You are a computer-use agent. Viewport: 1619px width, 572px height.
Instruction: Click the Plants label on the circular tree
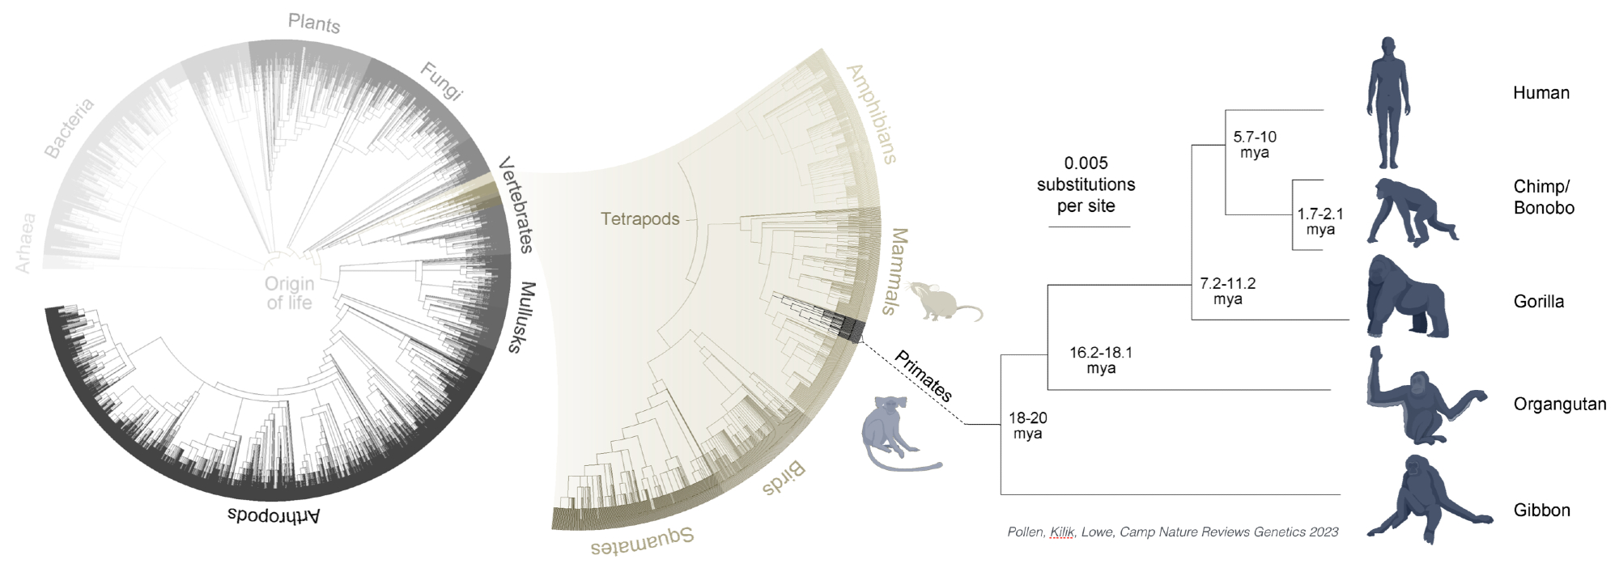(x=314, y=23)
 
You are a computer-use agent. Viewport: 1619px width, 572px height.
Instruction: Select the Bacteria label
(x=69, y=128)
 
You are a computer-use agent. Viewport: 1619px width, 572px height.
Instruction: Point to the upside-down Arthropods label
(x=274, y=515)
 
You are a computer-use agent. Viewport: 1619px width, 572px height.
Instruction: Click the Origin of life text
(x=289, y=293)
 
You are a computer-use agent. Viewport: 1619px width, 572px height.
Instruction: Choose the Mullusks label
(x=522, y=316)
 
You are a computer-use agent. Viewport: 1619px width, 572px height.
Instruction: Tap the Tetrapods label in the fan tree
(x=640, y=218)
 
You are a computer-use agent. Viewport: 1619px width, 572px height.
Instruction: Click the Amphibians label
(x=872, y=114)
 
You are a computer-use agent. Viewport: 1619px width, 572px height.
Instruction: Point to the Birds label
(x=784, y=478)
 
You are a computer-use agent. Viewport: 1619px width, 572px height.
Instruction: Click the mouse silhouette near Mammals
(x=943, y=303)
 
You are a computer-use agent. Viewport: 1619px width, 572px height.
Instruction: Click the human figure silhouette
(x=1388, y=103)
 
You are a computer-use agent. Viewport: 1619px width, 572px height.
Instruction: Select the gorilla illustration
(x=1404, y=297)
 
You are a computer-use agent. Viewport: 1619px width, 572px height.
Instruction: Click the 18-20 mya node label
(x=1027, y=426)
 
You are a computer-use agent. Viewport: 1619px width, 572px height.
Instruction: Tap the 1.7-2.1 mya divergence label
(x=1319, y=222)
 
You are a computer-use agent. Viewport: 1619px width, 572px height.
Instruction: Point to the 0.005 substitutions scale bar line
(x=1089, y=227)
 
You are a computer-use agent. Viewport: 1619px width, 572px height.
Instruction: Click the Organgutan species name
(x=1559, y=404)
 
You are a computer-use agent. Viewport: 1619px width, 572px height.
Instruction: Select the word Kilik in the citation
(x=1061, y=532)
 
